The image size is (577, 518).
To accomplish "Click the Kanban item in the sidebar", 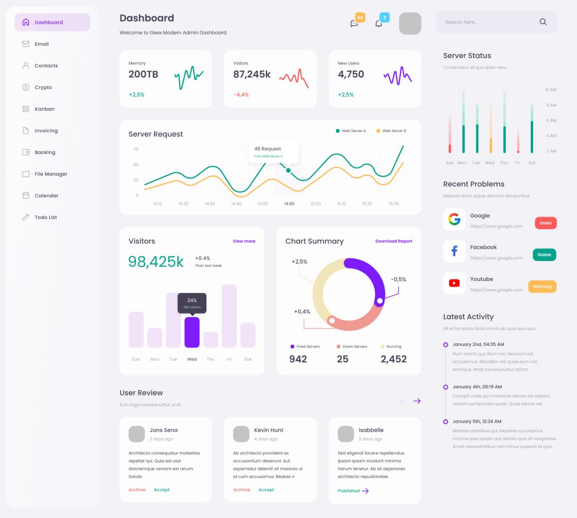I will (44, 109).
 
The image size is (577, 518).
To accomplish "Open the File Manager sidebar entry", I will (50, 174).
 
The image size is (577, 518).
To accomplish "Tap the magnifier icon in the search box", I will (543, 22).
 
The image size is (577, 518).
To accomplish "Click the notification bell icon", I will (379, 24).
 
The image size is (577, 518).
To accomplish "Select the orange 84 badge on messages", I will (360, 17).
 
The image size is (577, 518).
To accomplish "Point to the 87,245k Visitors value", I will (252, 74).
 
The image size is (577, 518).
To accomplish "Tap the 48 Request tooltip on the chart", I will (273, 151).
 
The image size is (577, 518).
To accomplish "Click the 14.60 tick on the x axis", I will (289, 204).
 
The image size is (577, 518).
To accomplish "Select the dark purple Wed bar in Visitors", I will (192, 332).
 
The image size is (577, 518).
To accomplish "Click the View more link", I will (244, 241).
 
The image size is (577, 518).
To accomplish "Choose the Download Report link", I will (394, 241).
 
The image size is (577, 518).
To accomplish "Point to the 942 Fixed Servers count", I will (298, 359).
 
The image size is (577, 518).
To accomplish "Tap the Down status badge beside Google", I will (545, 223).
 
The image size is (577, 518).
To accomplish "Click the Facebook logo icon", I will (454, 251).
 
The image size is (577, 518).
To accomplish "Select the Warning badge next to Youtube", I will (542, 287).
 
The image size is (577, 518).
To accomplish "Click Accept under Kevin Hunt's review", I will (266, 490).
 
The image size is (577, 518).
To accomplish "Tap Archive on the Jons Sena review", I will (137, 490).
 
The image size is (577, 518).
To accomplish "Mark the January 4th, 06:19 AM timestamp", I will (477, 387).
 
